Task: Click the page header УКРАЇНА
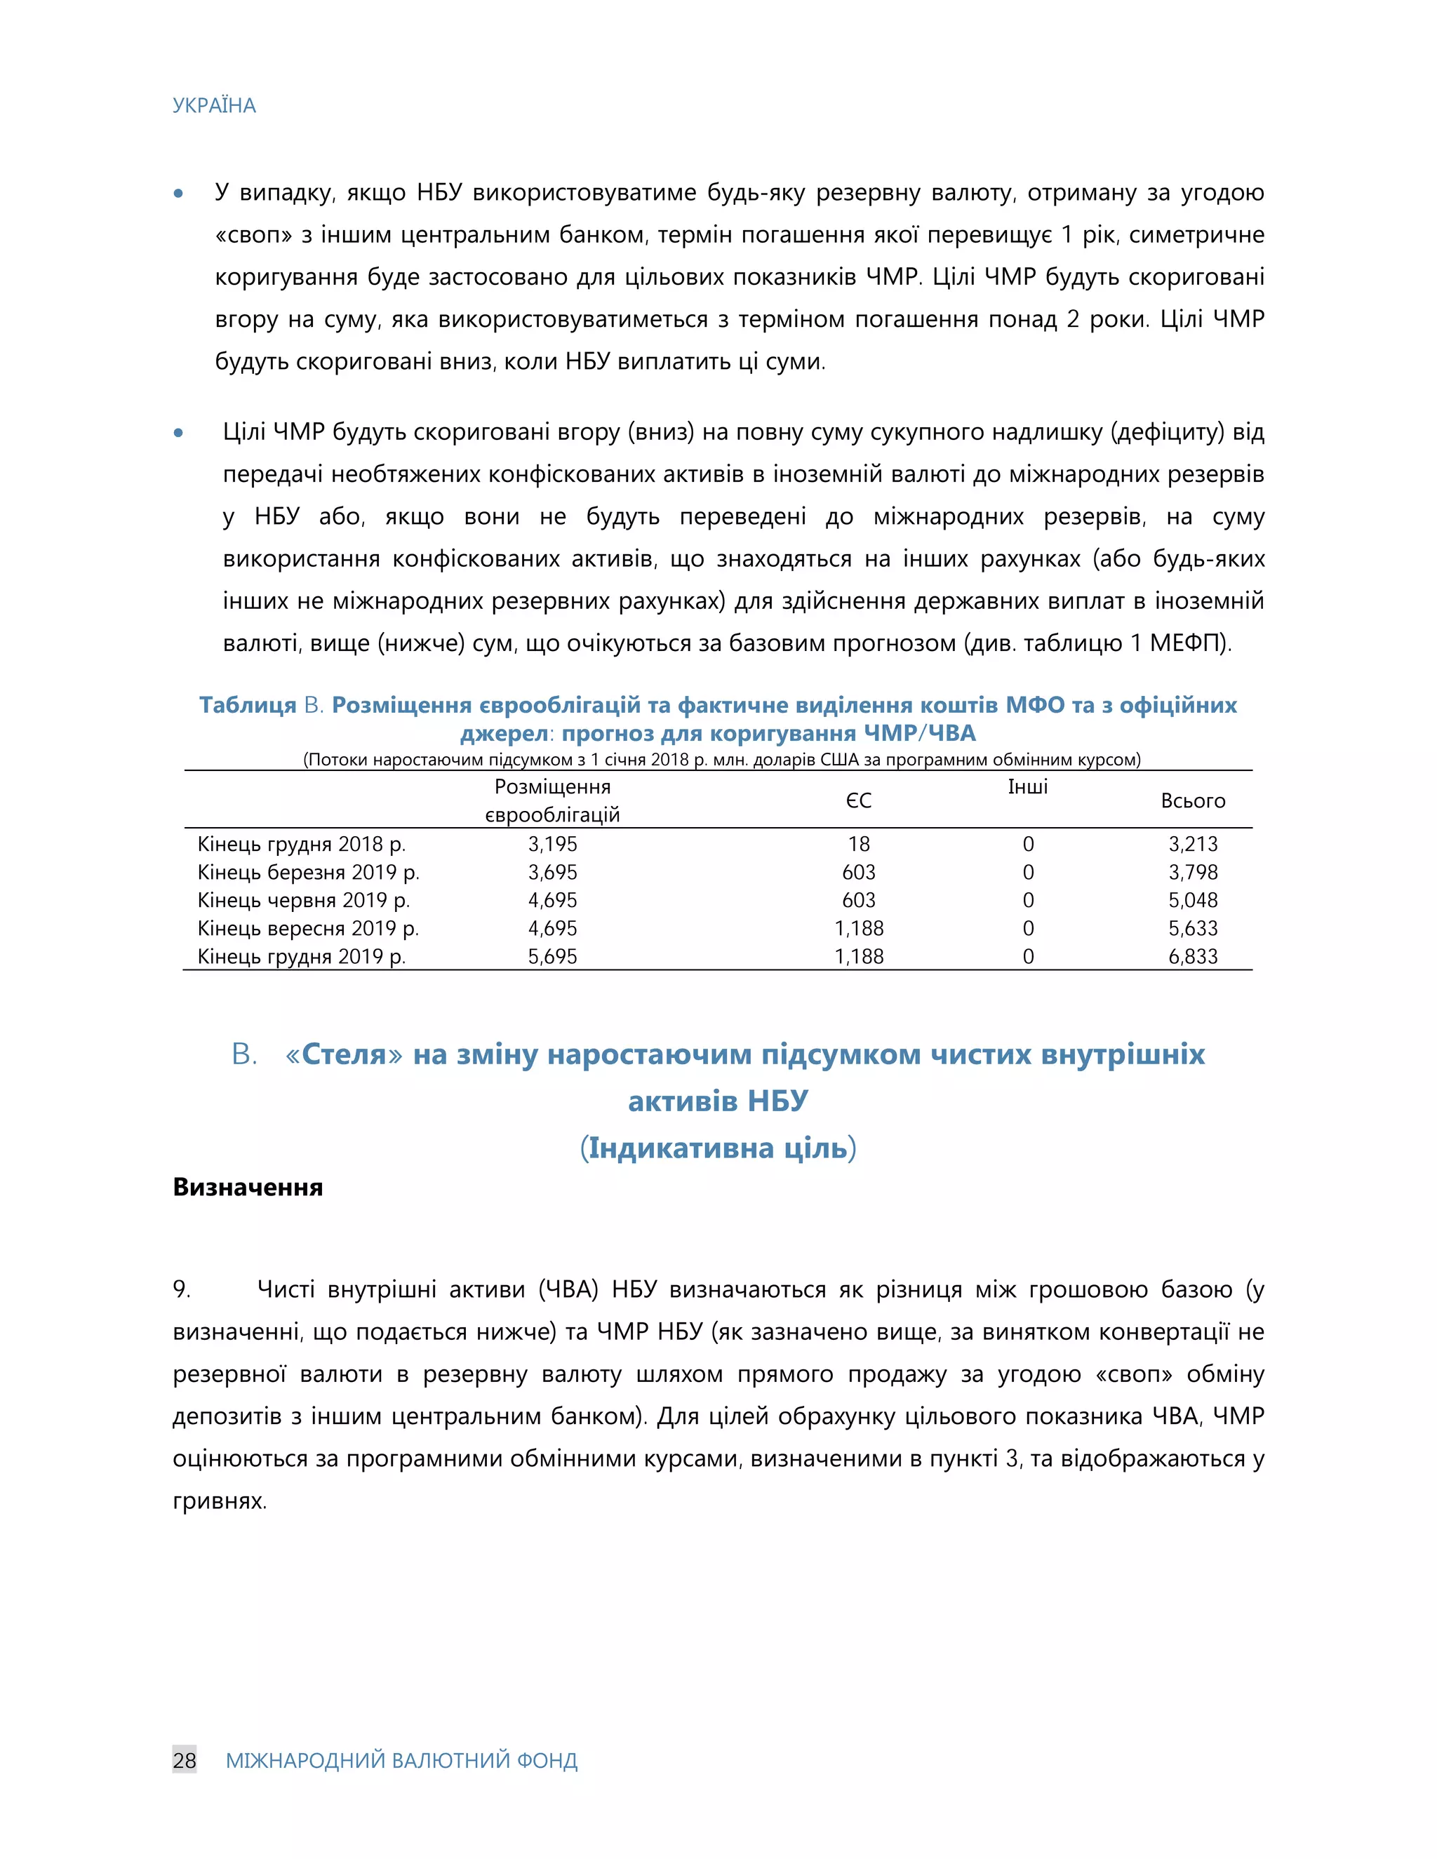point(214,105)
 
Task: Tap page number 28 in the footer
point(184,1760)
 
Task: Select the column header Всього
point(1193,801)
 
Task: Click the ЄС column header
point(858,801)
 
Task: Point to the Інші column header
point(1027,787)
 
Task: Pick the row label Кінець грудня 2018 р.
point(301,845)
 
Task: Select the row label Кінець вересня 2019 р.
point(308,929)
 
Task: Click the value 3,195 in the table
point(552,845)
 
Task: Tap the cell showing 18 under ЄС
point(858,845)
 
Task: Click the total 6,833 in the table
point(1193,957)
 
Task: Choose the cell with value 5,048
point(1193,901)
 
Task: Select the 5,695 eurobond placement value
point(552,957)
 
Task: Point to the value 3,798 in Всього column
point(1193,873)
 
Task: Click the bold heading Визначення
point(248,1188)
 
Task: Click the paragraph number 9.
point(180,1289)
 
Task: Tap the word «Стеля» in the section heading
point(344,1054)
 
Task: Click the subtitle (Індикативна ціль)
point(718,1148)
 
